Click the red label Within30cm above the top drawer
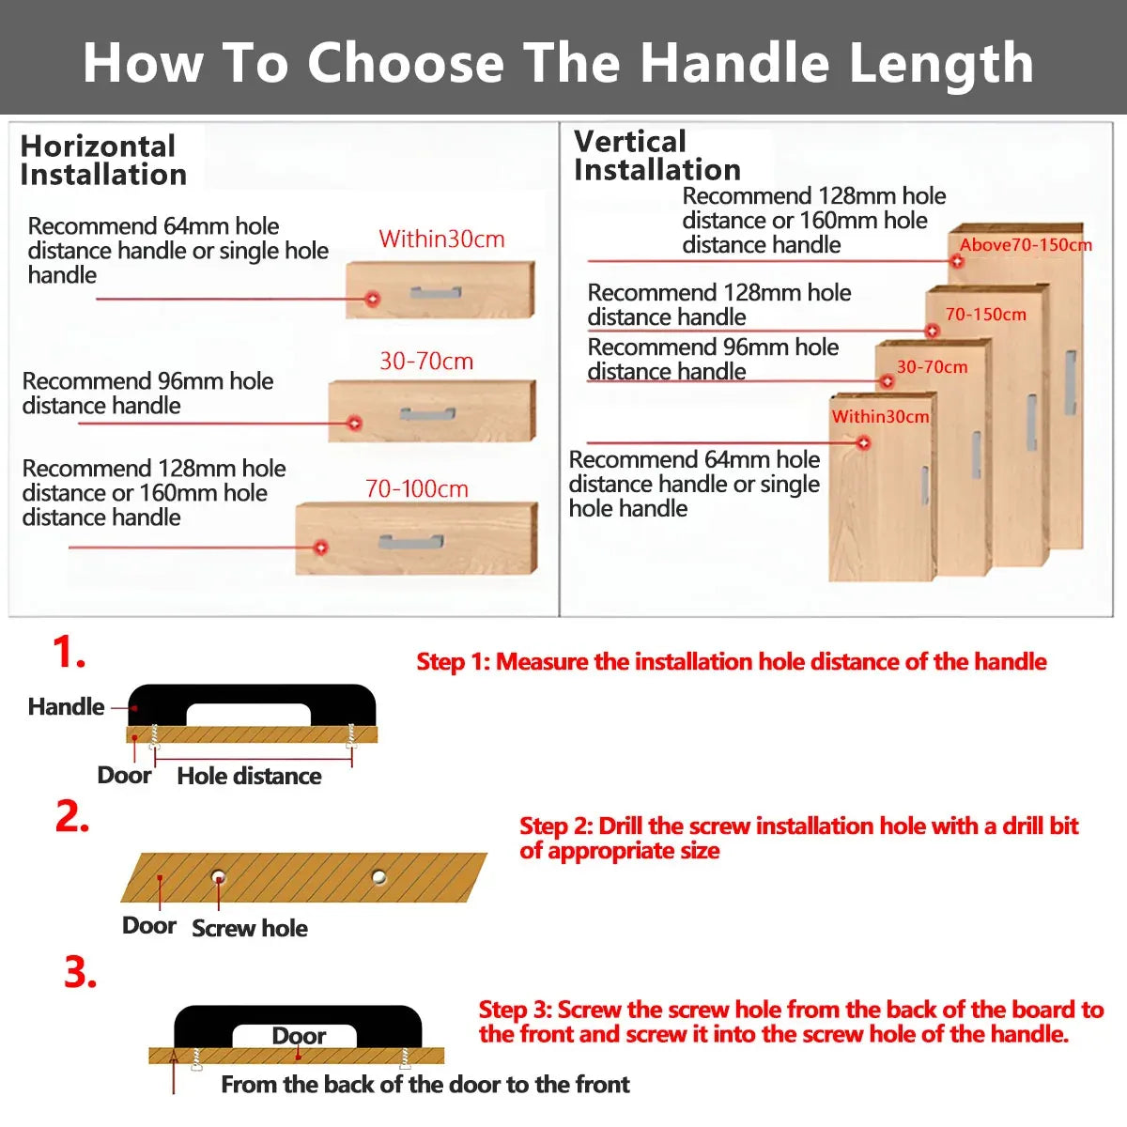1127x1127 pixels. click(441, 239)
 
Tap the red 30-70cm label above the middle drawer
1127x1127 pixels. click(426, 361)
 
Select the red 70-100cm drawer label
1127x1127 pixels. click(417, 489)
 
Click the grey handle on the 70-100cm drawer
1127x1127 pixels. click(411, 542)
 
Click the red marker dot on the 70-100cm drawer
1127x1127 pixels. click(320, 548)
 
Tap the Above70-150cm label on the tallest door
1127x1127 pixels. click(1026, 244)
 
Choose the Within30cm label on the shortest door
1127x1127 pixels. click(880, 416)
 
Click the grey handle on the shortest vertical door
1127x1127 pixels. click(925, 486)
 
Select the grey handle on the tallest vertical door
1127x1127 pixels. click(1071, 382)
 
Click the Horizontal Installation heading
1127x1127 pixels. click(103, 161)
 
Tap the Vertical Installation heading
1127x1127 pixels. click(657, 156)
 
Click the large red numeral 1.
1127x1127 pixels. click(69, 652)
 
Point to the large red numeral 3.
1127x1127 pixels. click(80, 973)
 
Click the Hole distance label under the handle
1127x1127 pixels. click(249, 776)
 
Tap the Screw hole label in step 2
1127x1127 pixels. click(250, 928)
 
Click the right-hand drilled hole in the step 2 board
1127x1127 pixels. click(379, 876)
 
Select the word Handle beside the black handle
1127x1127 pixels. click(66, 706)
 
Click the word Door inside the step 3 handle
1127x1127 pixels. click(299, 1036)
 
